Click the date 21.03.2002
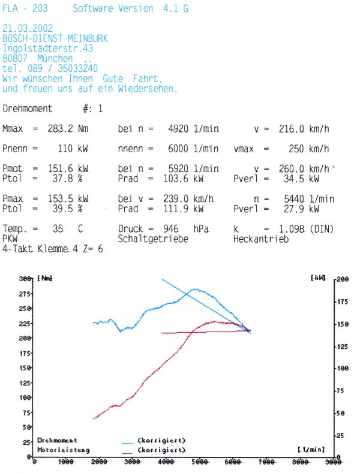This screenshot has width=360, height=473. (x=28, y=28)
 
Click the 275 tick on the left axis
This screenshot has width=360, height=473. (x=25, y=294)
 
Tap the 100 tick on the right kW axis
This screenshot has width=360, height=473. (x=342, y=368)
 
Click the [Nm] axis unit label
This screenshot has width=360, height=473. (x=46, y=279)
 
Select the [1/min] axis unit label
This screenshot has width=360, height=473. (x=311, y=449)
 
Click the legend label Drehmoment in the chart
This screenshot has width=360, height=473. (x=58, y=440)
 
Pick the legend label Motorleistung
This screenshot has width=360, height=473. (x=64, y=450)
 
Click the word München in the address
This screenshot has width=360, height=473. (x=55, y=59)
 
